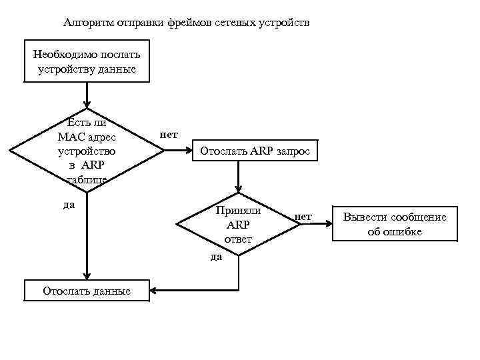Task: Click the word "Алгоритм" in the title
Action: [89, 23]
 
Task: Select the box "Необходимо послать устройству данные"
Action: [84, 61]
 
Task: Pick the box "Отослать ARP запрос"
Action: [255, 151]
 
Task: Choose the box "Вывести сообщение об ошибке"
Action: [395, 224]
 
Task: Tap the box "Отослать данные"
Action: [87, 291]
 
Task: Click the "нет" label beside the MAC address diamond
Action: [169, 134]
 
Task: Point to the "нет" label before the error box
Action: [303, 216]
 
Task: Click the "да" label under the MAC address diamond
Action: [68, 205]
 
